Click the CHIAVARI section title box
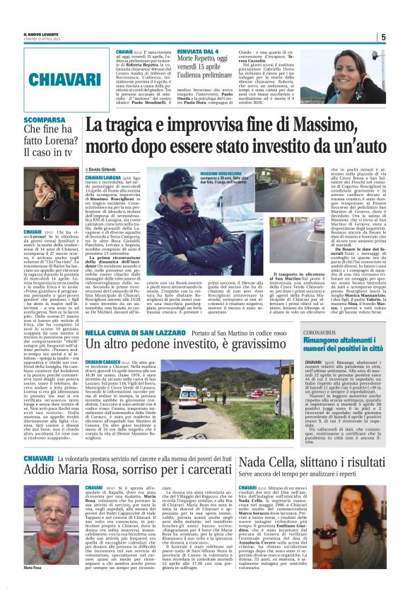tap(56, 79)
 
